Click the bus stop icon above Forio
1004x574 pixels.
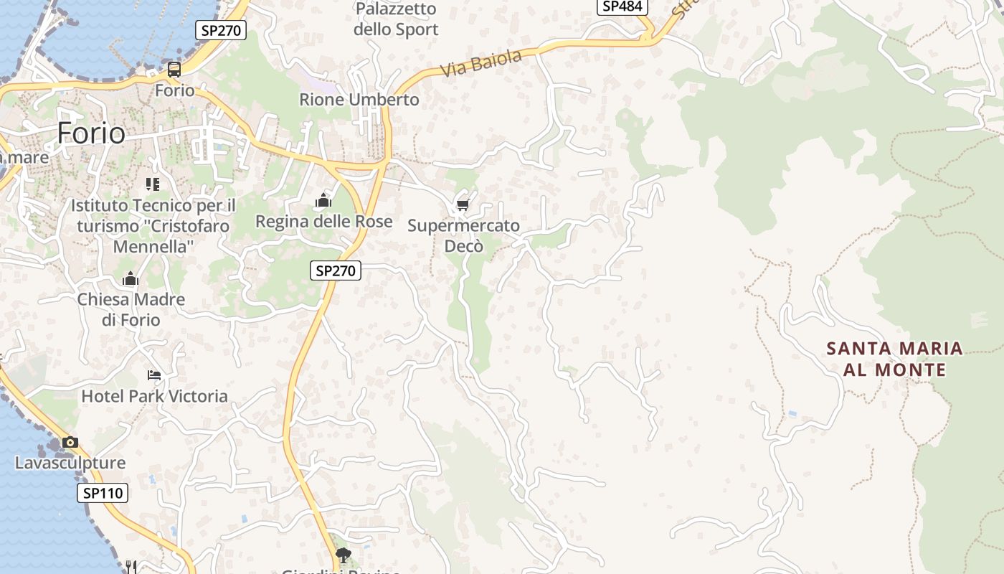click(x=174, y=70)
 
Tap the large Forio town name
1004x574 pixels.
click(x=91, y=133)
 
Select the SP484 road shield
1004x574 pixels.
click(x=622, y=6)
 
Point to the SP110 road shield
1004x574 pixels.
click(x=103, y=493)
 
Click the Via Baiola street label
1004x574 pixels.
click(x=481, y=63)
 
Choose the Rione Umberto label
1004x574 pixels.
click(x=359, y=100)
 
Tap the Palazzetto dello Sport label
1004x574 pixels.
click(x=396, y=19)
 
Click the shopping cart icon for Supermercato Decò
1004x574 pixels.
click(x=463, y=206)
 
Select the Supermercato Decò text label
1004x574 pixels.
click(x=464, y=235)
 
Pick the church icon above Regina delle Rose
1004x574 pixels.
click(x=323, y=200)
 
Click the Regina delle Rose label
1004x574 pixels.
click(x=324, y=221)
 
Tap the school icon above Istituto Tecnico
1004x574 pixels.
click(x=152, y=184)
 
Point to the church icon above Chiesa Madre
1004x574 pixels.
click(x=131, y=278)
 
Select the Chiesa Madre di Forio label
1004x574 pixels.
click(x=131, y=309)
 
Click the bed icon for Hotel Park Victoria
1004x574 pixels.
click(x=154, y=375)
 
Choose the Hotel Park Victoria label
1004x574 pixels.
click(x=154, y=396)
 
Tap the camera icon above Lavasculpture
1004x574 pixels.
click(x=70, y=442)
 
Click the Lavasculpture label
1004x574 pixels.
click(x=70, y=463)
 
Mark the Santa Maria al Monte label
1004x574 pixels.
click(x=895, y=359)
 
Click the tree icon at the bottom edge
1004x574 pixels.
click(x=344, y=555)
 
